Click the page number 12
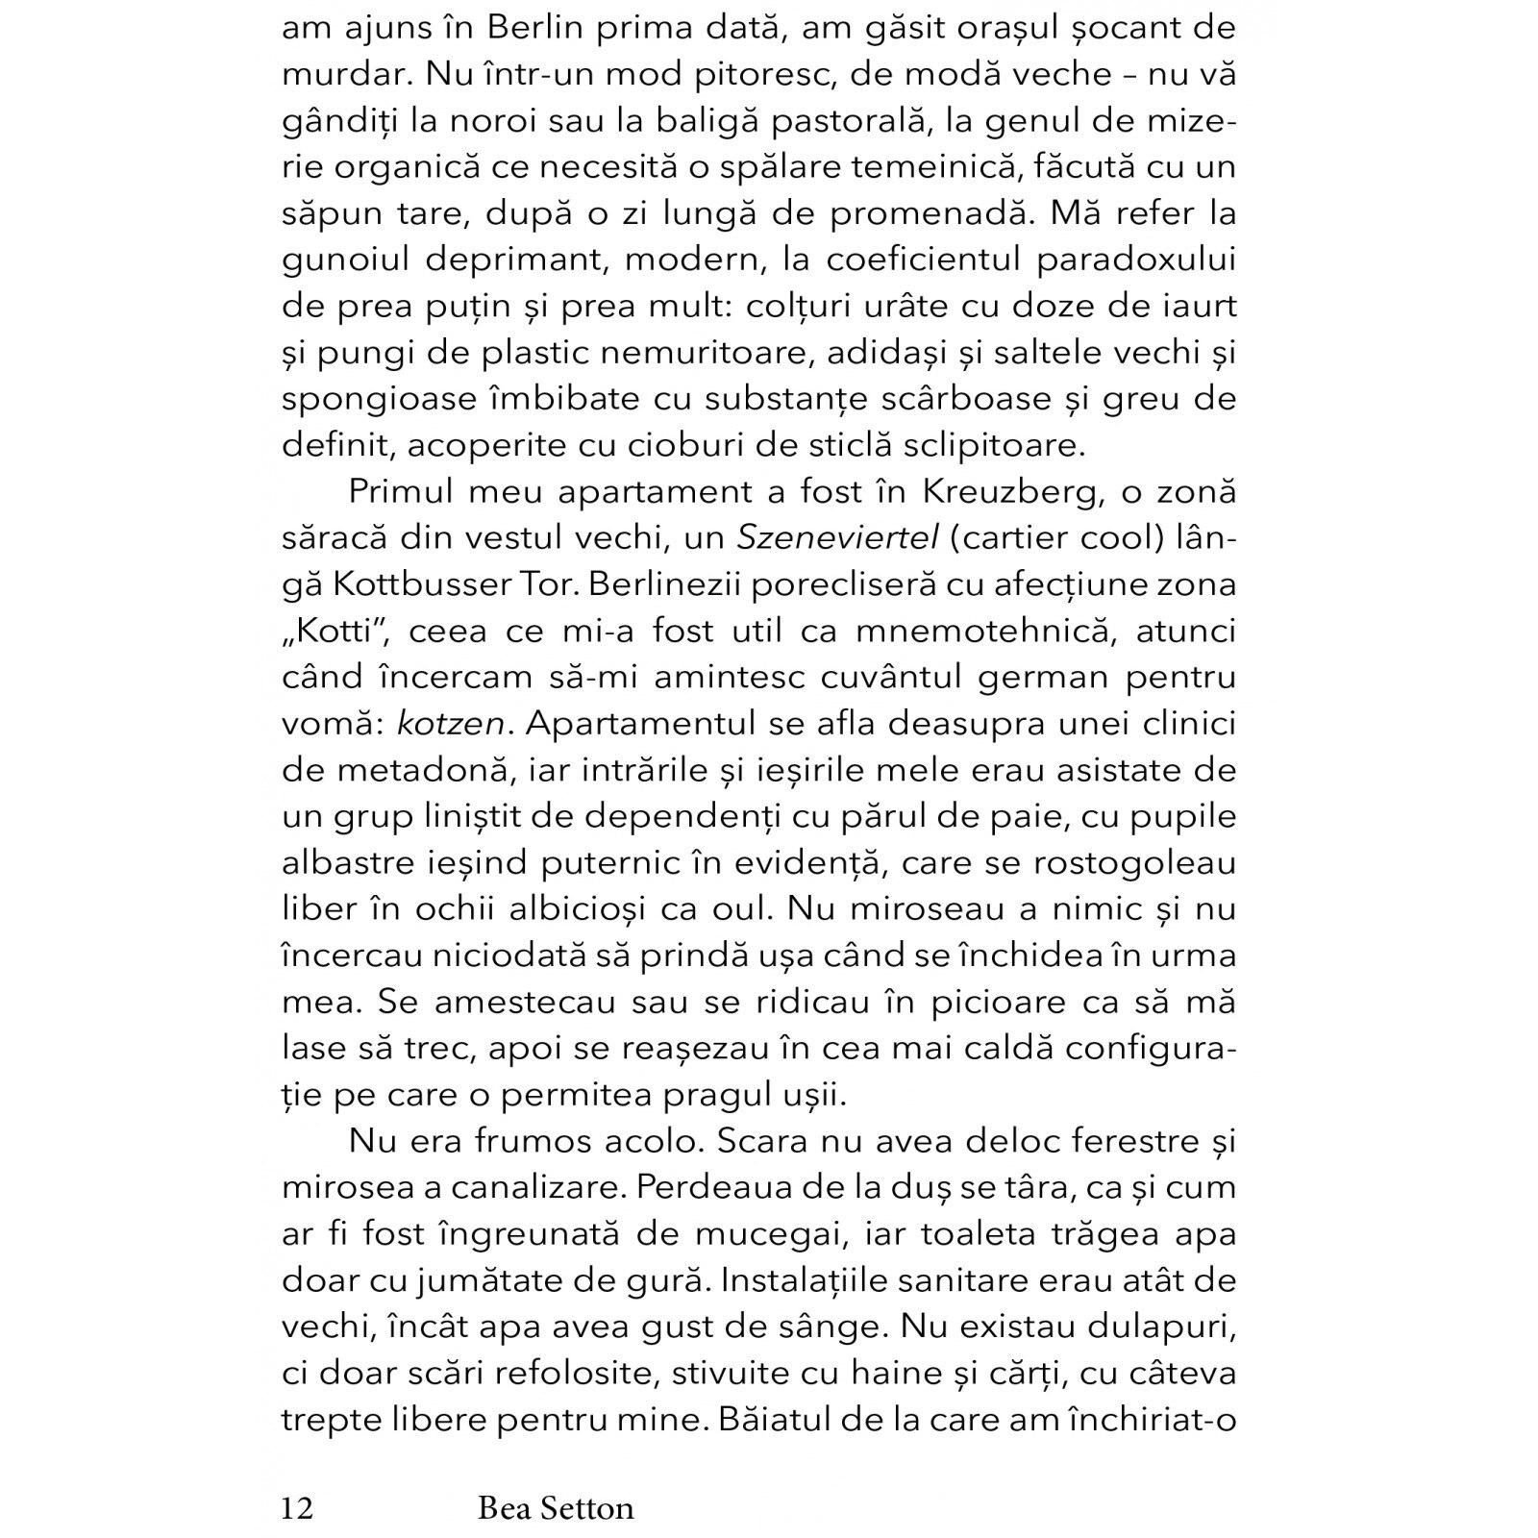(297, 1507)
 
